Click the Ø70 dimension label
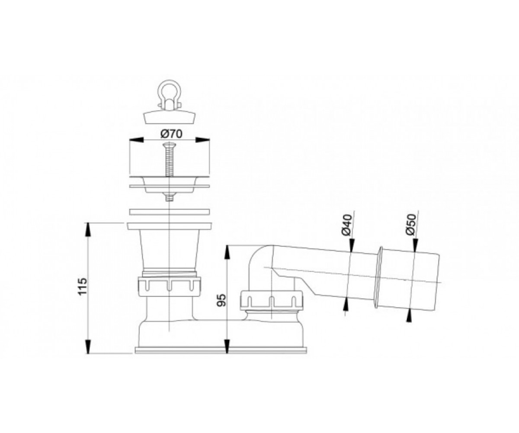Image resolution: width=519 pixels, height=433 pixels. tap(171, 134)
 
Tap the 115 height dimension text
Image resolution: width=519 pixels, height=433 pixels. tap(83, 286)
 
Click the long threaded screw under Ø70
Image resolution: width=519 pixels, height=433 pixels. tap(169, 159)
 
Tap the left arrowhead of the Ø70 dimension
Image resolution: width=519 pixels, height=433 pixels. tap(137, 140)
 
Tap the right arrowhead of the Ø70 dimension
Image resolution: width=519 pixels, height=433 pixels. tap(202, 140)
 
